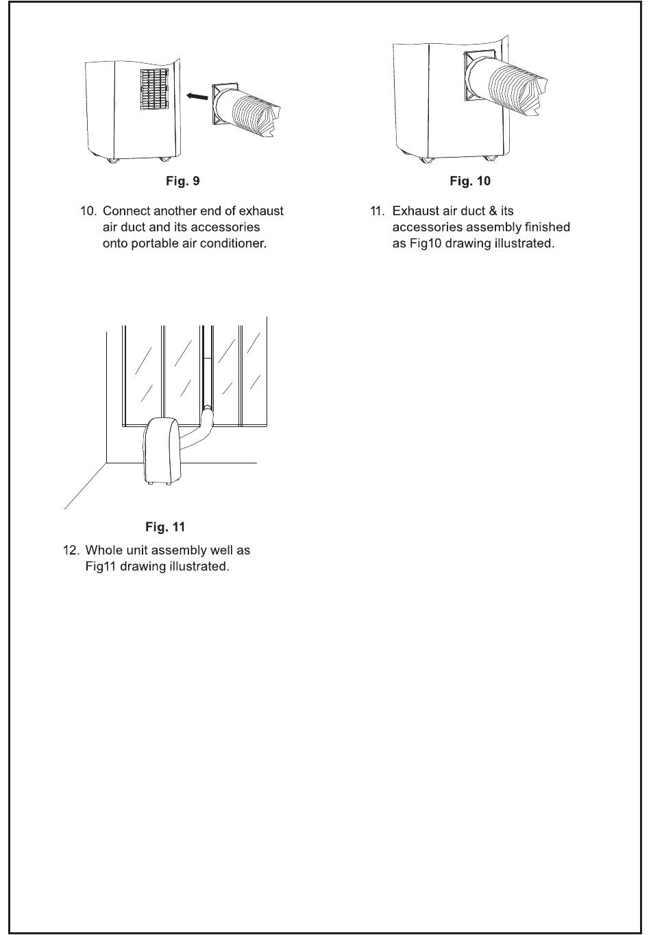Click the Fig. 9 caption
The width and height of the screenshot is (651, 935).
click(183, 182)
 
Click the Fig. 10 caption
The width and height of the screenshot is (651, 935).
click(470, 182)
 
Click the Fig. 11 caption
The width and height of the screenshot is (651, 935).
click(165, 527)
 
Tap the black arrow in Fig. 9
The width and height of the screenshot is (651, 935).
click(197, 97)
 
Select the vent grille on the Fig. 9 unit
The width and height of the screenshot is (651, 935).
click(154, 89)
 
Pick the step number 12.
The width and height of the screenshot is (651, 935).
click(71, 550)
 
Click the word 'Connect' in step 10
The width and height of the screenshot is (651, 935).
click(126, 211)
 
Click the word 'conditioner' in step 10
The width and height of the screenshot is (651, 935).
click(232, 244)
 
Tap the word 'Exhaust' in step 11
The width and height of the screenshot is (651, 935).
click(415, 211)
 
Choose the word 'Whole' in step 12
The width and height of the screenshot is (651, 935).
click(103, 550)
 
